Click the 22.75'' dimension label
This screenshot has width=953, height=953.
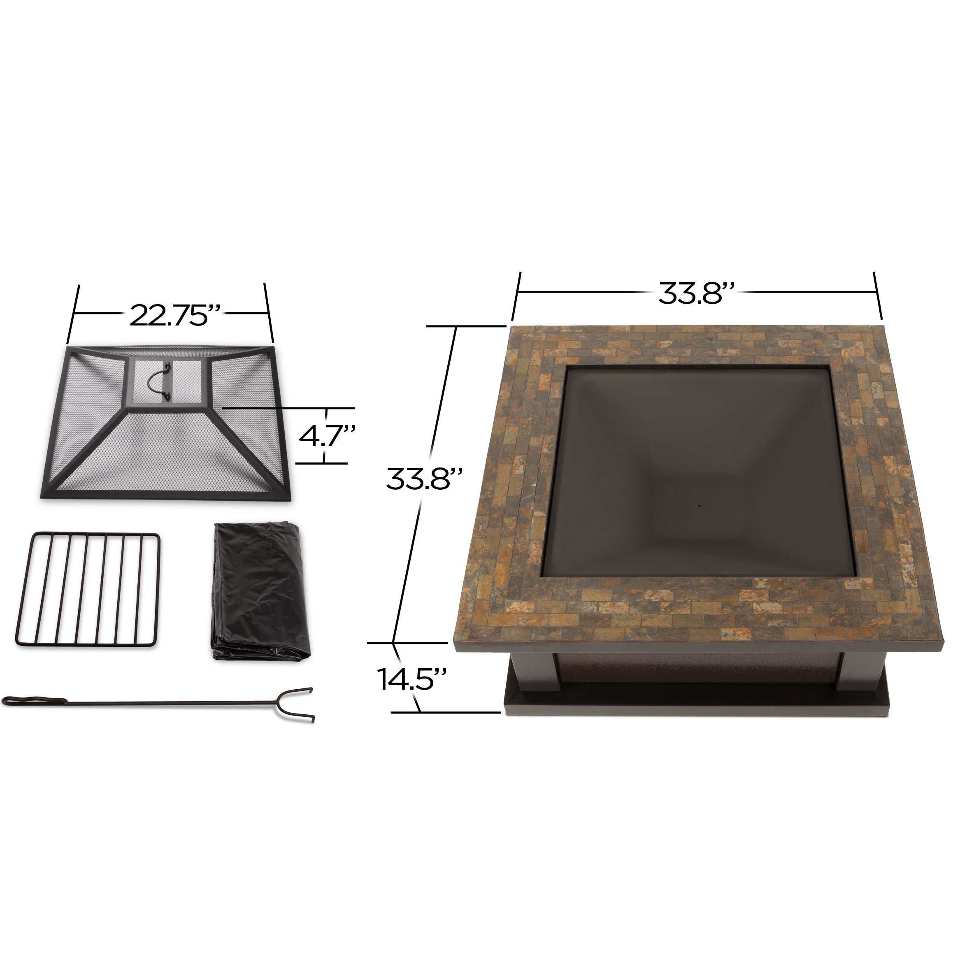click(x=174, y=316)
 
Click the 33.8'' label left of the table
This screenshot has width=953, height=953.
click(x=424, y=479)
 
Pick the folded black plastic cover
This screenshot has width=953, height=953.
click(x=259, y=593)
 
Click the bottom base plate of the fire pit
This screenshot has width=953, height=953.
click(x=695, y=704)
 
